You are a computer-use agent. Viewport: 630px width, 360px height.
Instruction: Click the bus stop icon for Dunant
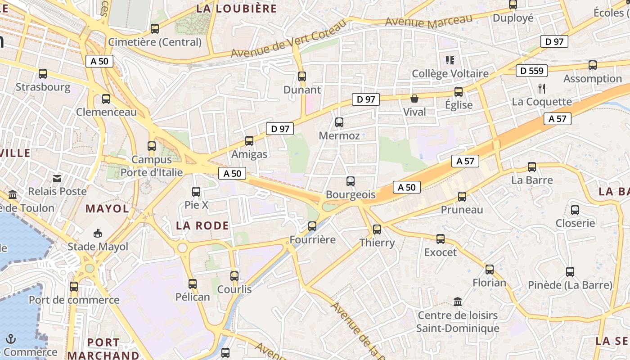302,76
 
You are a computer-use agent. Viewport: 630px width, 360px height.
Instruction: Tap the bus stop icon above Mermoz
339,122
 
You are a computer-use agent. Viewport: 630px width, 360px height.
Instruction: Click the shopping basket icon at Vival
414,99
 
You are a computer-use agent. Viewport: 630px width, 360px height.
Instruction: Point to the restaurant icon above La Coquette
542,88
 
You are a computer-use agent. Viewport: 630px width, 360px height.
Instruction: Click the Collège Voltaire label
450,73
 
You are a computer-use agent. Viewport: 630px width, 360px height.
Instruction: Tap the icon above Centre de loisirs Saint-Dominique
458,301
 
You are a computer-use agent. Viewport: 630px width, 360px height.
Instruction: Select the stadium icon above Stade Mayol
98,233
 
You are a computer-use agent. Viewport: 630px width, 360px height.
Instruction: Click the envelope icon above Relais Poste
57,178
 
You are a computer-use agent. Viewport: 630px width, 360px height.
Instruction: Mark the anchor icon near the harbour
11,339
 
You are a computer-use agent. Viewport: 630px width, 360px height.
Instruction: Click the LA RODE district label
202,225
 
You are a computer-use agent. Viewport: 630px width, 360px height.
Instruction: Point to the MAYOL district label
107,208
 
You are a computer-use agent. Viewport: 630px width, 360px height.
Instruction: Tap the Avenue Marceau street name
429,21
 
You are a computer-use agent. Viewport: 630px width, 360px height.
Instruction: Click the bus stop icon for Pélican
193,284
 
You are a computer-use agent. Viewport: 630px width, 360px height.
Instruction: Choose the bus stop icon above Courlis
234,276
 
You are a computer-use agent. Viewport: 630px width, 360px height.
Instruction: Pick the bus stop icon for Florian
490,270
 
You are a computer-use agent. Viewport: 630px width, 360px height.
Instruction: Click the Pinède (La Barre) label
570,285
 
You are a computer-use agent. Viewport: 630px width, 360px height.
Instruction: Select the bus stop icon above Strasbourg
43,74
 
